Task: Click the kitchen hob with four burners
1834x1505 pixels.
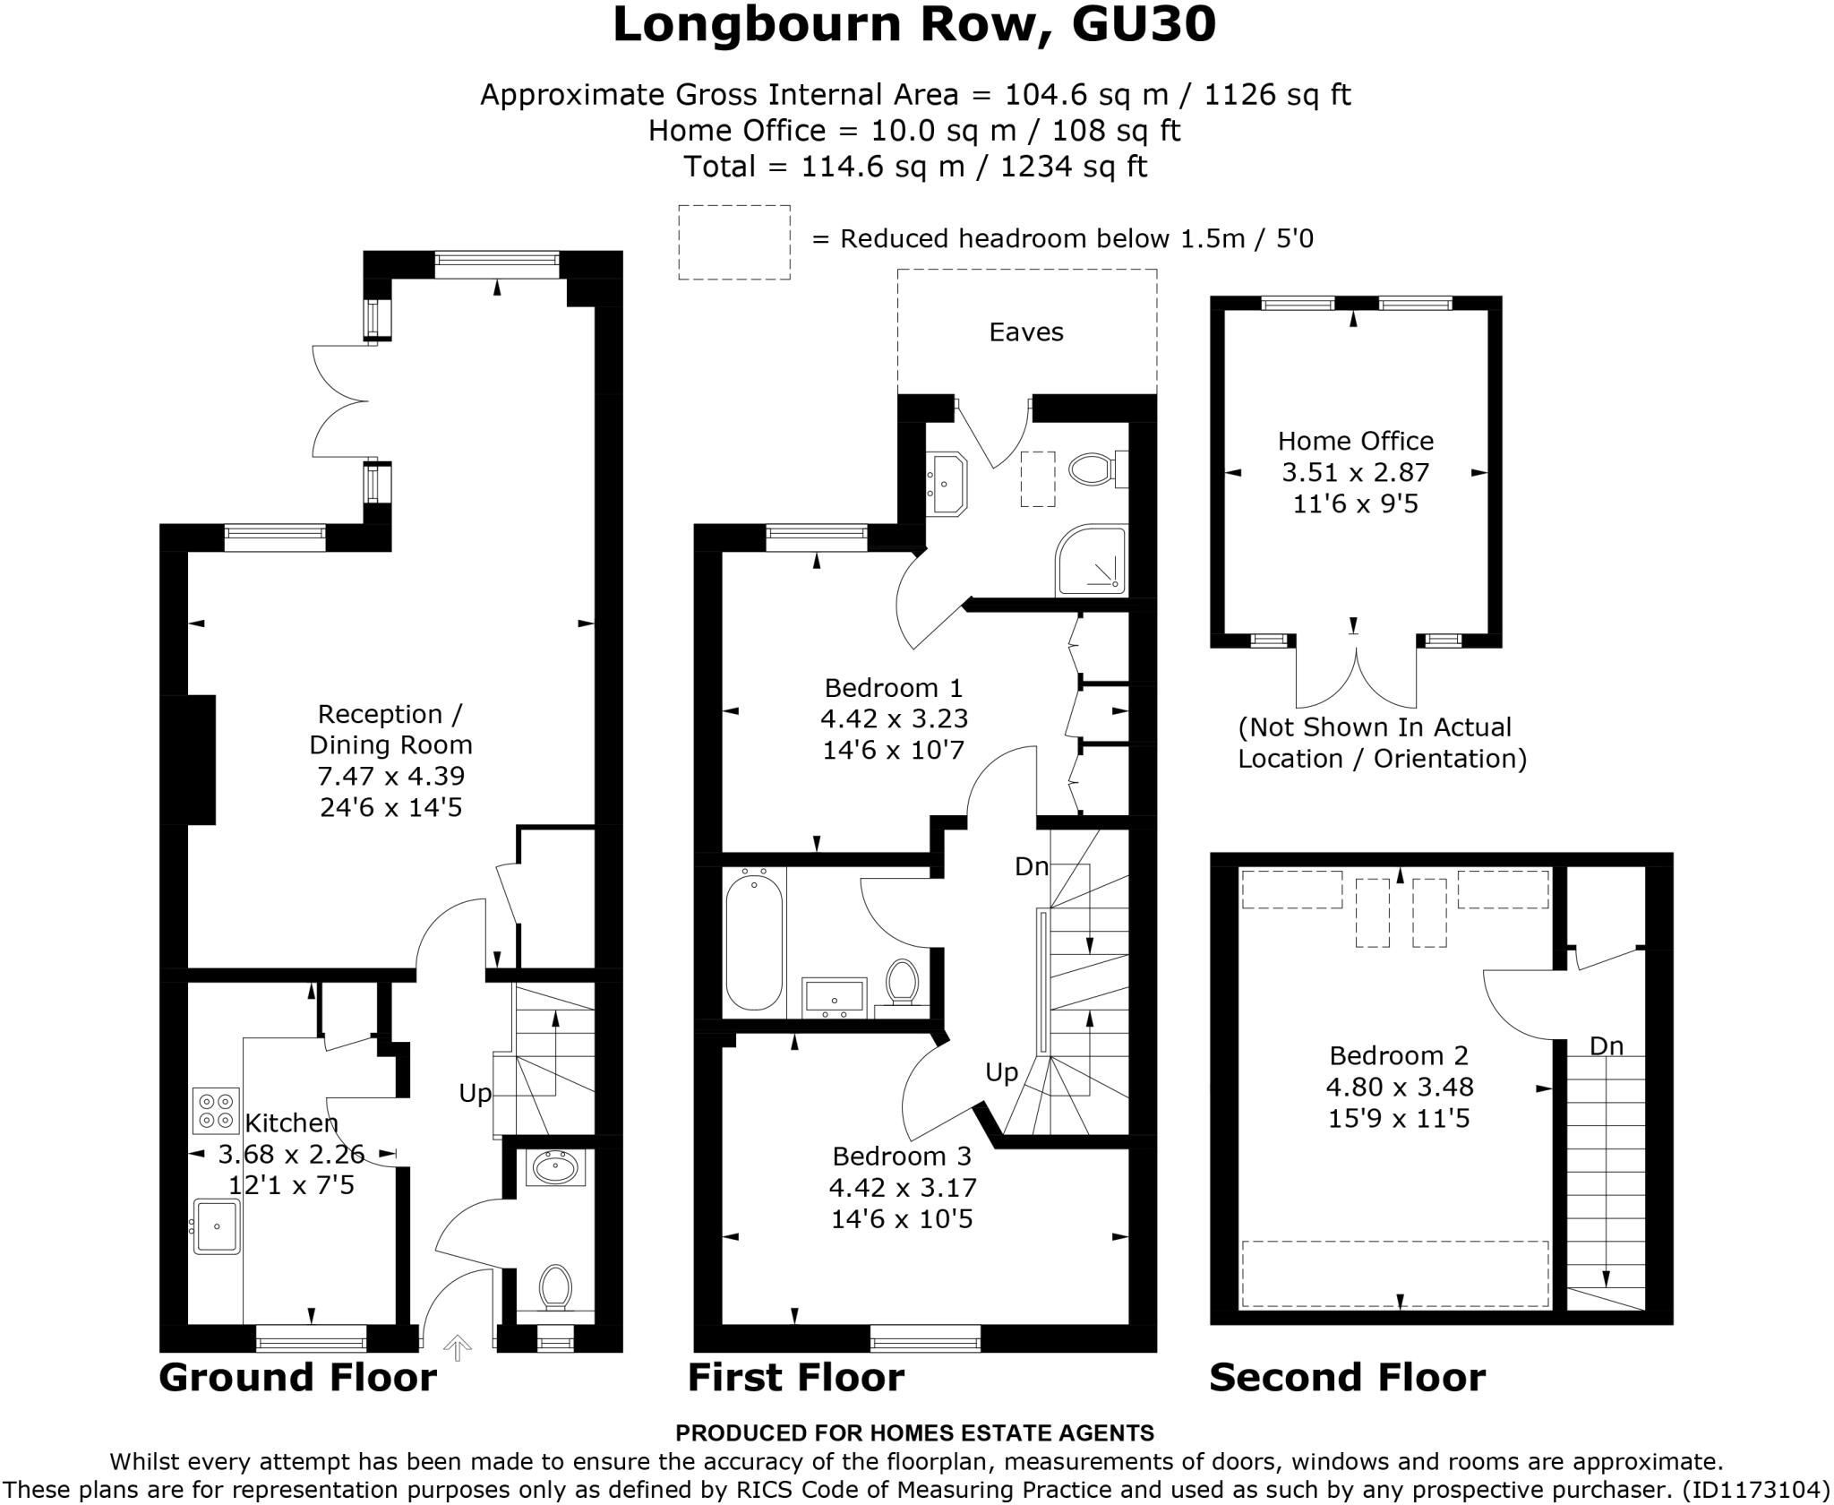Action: (x=216, y=1111)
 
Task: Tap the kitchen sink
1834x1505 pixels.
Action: (x=218, y=1225)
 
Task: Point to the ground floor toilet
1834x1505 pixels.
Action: (x=555, y=1288)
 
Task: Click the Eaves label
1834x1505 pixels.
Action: (x=1026, y=332)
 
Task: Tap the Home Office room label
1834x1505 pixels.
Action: (x=1355, y=441)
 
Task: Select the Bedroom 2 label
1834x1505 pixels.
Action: (x=1399, y=1055)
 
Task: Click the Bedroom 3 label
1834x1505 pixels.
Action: (x=902, y=1156)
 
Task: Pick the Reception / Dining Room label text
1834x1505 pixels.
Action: (x=390, y=729)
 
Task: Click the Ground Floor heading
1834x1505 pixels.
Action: (x=298, y=1377)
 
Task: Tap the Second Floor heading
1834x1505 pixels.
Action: (x=1347, y=1377)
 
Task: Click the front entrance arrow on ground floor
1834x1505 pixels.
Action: (x=458, y=1346)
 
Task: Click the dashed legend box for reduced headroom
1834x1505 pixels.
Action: (x=734, y=242)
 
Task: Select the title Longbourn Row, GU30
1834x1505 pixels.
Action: (x=914, y=25)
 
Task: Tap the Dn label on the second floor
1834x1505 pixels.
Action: (x=1607, y=1045)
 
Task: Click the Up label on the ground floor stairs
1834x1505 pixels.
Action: (x=476, y=1093)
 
